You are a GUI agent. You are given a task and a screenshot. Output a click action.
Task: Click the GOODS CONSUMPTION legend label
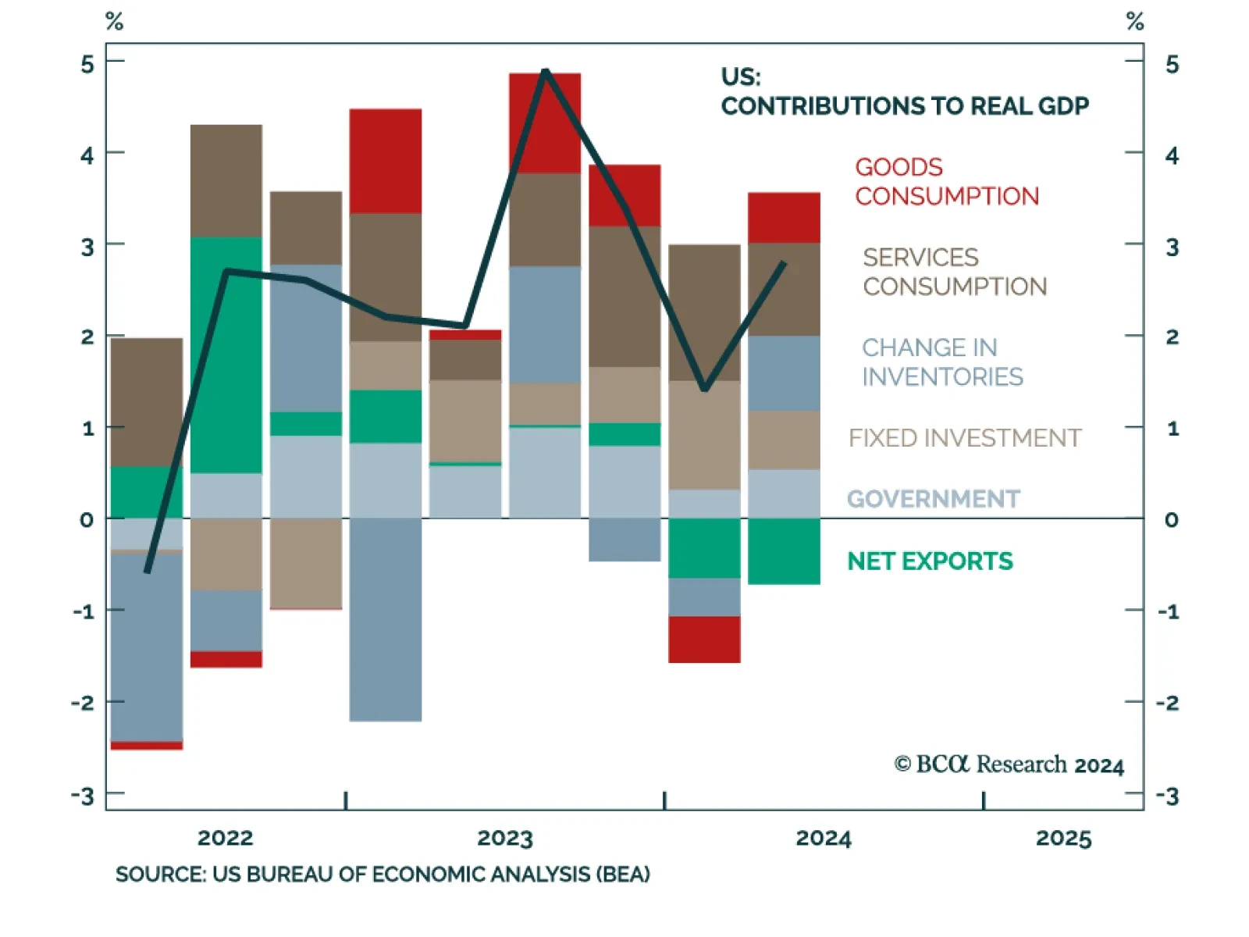pos(946,181)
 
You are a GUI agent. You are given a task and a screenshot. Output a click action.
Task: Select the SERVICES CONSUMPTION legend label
pos(954,272)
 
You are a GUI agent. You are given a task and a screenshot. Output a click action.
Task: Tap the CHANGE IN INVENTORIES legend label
pos(941,362)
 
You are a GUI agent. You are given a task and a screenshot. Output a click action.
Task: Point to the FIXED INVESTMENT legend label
pos(964,438)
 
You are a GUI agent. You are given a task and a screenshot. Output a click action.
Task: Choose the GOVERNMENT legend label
pos(933,499)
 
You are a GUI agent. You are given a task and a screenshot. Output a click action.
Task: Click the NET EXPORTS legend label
pos(930,561)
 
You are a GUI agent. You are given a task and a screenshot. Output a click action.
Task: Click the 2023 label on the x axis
pos(504,839)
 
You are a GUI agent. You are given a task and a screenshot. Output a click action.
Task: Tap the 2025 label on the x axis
pos(1063,839)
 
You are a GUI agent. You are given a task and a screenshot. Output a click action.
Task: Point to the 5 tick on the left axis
pos(87,64)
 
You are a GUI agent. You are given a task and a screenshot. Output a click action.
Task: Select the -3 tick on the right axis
pos(1168,796)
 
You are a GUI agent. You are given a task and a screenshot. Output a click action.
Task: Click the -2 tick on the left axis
pos(83,703)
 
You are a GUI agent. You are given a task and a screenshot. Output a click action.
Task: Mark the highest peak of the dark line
pos(545,71)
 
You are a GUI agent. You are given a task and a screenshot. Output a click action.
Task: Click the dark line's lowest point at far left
pos(148,572)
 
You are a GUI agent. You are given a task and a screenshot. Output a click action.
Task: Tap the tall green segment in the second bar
pos(226,355)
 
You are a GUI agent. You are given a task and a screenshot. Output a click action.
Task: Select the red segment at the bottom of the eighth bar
pos(704,640)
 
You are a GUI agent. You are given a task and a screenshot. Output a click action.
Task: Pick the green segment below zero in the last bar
pos(784,551)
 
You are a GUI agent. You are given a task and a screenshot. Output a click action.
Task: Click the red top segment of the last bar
pos(784,218)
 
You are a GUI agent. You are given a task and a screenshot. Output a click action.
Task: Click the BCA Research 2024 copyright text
pos(1009,764)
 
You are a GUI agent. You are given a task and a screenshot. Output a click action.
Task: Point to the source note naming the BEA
pos(383,874)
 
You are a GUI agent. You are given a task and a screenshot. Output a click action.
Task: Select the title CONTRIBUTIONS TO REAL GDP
pos(904,105)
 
